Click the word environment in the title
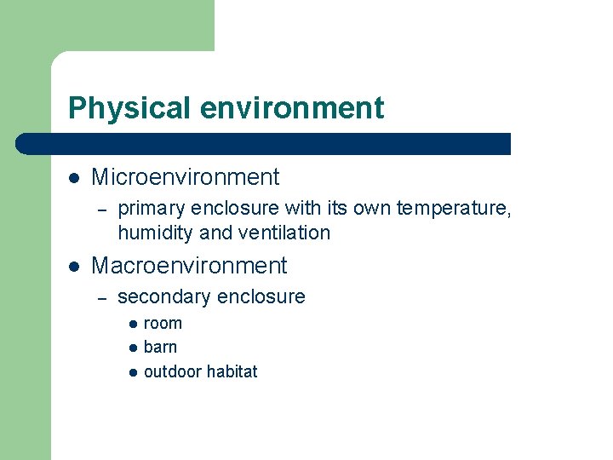292,109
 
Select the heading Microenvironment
185,177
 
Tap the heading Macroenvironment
189,266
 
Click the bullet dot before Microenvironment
74,178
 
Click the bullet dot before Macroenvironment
74,267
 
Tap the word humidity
153,233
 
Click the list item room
163,324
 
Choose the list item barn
160,348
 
